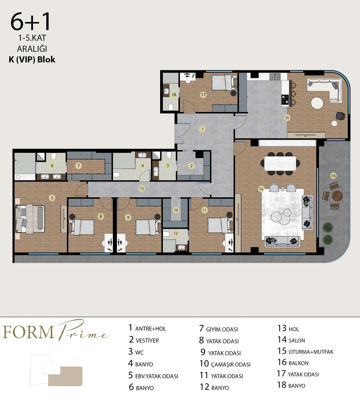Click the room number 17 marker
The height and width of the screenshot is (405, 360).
(x=203, y=95)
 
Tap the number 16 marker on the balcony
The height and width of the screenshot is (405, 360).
(x=333, y=176)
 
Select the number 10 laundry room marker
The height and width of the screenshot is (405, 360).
(x=176, y=210)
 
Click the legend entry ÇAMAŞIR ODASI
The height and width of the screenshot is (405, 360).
(x=230, y=365)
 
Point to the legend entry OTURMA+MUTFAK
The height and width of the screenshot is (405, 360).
(x=311, y=352)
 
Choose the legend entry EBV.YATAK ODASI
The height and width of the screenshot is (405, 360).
(x=157, y=376)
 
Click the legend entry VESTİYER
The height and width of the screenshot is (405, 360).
(x=147, y=341)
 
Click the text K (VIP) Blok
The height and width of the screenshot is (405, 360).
(x=32, y=60)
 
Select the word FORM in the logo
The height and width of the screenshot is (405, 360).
(x=28, y=332)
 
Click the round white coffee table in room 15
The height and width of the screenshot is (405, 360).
(x=317, y=103)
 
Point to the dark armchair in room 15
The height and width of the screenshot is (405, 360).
(x=340, y=116)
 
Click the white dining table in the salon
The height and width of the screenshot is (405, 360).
(x=280, y=163)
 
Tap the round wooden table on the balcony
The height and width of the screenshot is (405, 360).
(x=337, y=196)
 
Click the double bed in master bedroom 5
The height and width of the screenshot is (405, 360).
(x=30, y=219)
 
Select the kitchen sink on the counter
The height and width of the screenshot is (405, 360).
(x=275, y=77)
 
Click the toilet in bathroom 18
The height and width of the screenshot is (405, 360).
(x=171, y=107)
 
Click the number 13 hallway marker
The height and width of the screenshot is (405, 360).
(x=142, y=188)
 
